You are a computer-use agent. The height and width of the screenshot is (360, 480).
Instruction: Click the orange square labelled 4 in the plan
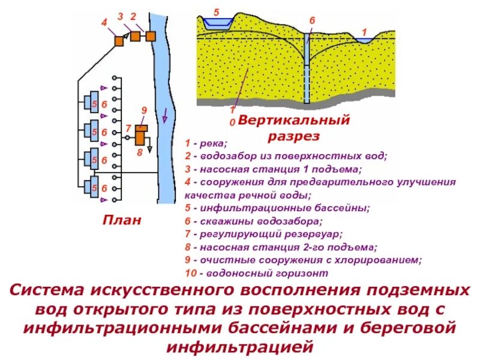click(x=120, y=40)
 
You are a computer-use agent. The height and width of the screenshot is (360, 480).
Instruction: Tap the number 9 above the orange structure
click(x=144, y=110)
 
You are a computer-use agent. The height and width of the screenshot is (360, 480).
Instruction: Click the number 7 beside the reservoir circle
click(x=128, y=129)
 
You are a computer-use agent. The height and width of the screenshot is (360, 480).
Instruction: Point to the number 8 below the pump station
click(x=139, y=152)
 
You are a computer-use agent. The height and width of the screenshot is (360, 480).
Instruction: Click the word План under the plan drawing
click(x=122, y=220)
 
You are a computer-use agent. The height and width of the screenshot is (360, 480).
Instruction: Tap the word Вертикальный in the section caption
click(x=294, y=121)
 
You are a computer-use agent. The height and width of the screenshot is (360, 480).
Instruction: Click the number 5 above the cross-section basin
click(x=216, y=11)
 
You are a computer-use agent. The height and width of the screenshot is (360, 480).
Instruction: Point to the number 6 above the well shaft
click(x=312, y=21)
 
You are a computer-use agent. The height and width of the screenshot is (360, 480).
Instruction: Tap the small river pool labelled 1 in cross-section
click(x=362, y=40)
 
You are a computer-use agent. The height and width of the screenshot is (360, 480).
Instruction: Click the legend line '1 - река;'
click(x=206, y=144)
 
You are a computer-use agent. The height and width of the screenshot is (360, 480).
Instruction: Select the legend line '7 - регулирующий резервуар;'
click(x=263, y=234)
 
